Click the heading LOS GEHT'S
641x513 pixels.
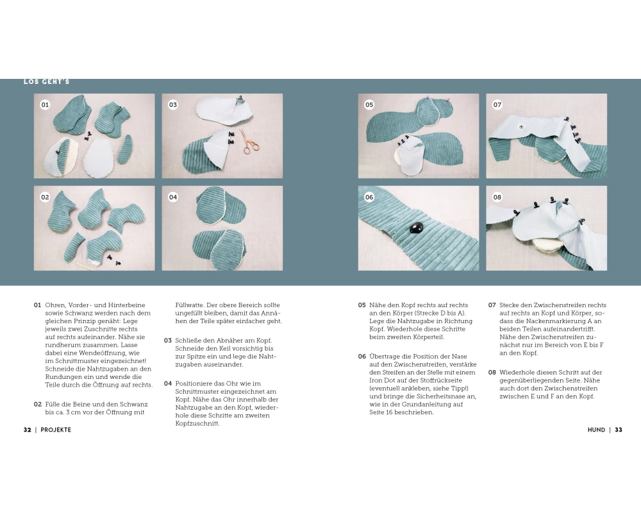click(x=47, y=82)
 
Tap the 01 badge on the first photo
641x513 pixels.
click(x=45, y=105)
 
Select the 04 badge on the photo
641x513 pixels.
click(x=173, y=197)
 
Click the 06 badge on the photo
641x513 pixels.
click(x=369, y=197)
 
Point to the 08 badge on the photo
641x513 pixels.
click(x=497, y=197)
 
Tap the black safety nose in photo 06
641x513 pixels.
click(x=417, y=228)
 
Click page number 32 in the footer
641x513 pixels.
click(x=28, y=430)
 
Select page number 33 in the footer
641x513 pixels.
click(x=619, y=430)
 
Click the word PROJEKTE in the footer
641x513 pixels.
click(x=56, y=430)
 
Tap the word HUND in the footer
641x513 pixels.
click(x=596, y=430)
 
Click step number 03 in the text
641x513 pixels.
click(x=167, y=341)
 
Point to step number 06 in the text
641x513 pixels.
click(x=362, y=357)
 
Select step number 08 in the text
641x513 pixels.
click(x=492, y=373)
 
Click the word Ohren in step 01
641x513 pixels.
click(x=55, y=305)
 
